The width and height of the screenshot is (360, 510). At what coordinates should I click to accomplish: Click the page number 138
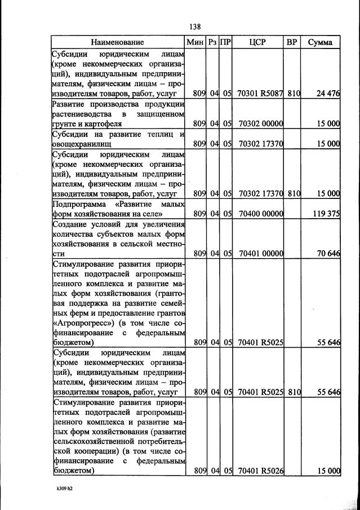coord(195,26)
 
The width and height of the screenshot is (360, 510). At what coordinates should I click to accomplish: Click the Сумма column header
coord(320,42)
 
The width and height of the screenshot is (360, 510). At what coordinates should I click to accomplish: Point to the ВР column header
coord(292,42)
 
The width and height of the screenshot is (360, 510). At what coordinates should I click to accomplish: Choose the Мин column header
coord(195,42)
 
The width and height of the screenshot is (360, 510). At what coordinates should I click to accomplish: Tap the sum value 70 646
coord(328,254)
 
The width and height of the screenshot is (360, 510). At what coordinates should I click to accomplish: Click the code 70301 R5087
coord(260,94)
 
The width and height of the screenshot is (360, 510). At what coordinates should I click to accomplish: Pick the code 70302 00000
coord(260,123)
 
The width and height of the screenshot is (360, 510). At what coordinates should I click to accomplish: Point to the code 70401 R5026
coord(260,471)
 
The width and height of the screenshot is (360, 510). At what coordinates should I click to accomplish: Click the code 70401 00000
coord(260,254)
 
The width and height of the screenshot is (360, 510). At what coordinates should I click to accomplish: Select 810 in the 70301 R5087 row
coord(292,94)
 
